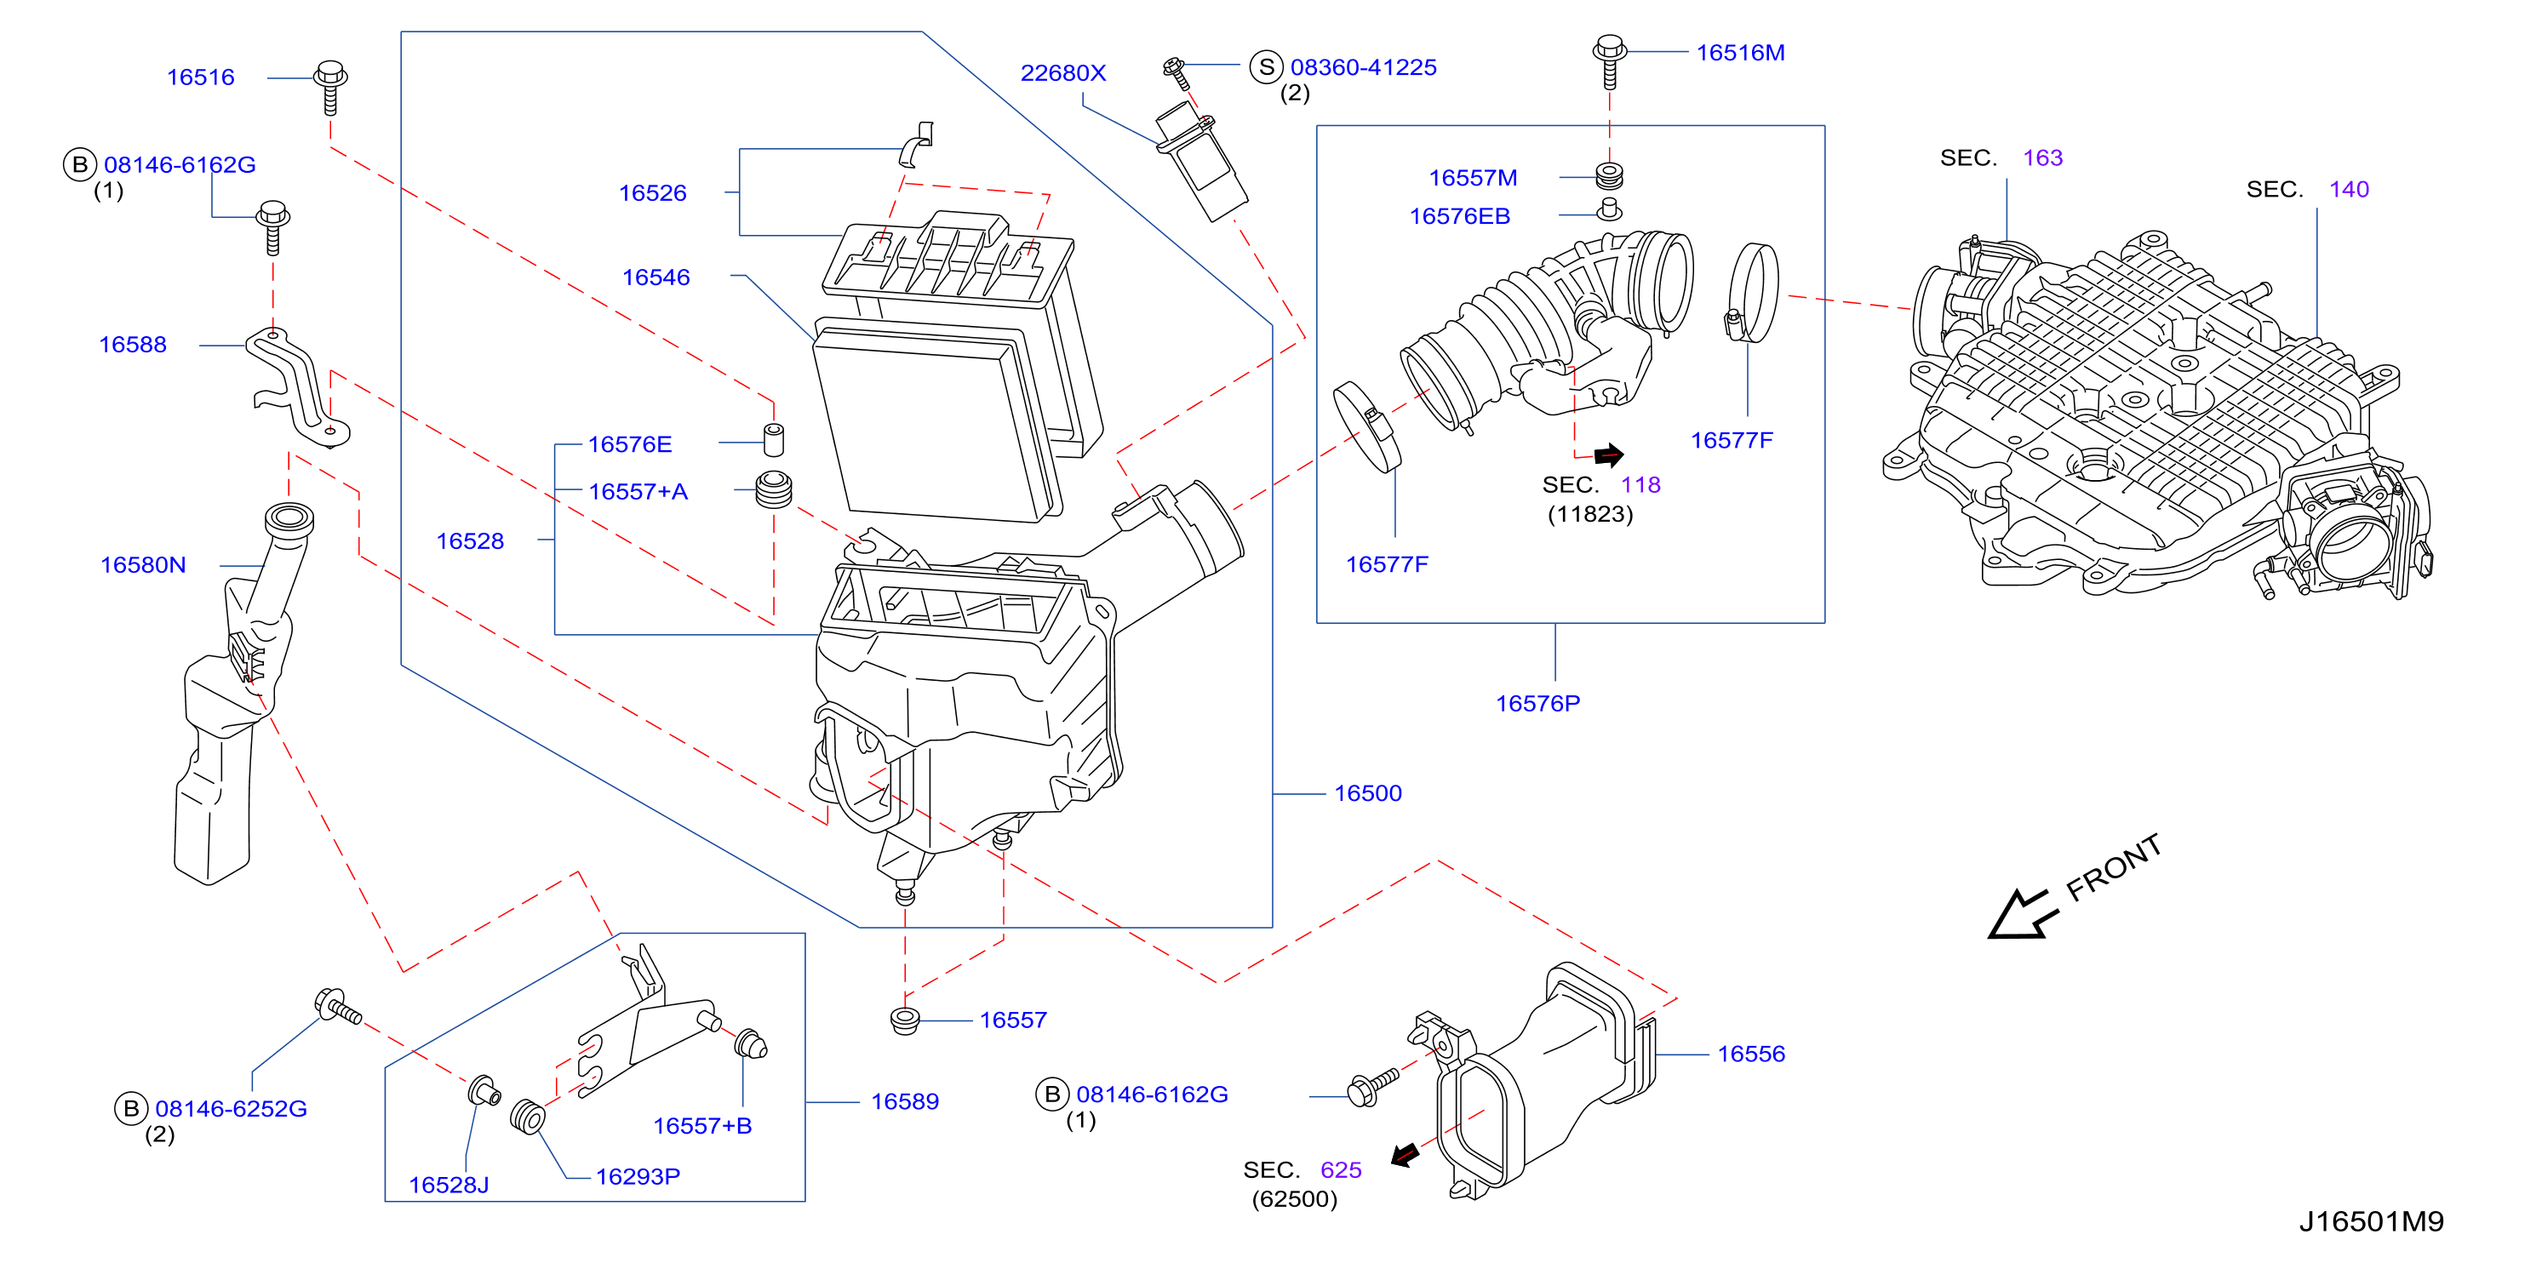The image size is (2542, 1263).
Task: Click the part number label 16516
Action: tap(200, 77)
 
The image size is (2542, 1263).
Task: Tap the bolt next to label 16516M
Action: tap(1610, 60)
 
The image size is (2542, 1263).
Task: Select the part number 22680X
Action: tap(1062, 73)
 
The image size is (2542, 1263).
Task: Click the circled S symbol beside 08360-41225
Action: tap(1266, 67)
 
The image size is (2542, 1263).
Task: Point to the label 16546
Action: tap(656, 277)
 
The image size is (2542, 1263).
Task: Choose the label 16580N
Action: tap(143, 564)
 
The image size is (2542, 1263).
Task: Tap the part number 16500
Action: tap(1368, 793)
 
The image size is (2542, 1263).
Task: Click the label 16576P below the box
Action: tap(1537, 704)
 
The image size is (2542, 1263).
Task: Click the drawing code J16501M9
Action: tap(2371, 1221)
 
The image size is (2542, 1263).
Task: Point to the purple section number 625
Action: tap(1341, 1170)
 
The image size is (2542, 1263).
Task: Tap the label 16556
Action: tap(1752, 1054)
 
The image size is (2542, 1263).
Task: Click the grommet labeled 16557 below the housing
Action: tap(905, 1020)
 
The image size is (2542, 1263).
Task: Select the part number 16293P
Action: tap(638, 1176)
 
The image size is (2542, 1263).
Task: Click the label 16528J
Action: tap(449, 1185)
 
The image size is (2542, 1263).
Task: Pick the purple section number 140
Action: tap(2349, 190)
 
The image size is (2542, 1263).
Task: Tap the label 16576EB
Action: tap(1459, 216)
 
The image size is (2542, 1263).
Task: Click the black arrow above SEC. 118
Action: tap(1608, 454)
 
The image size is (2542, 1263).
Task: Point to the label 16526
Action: tap(652, 193)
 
